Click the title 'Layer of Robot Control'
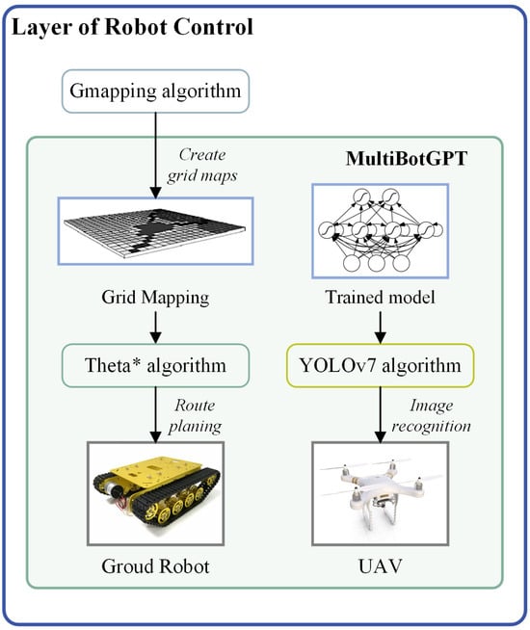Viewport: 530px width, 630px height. click(x=131, y=27)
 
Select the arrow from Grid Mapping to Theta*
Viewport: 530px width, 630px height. click(x=157, y=328)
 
